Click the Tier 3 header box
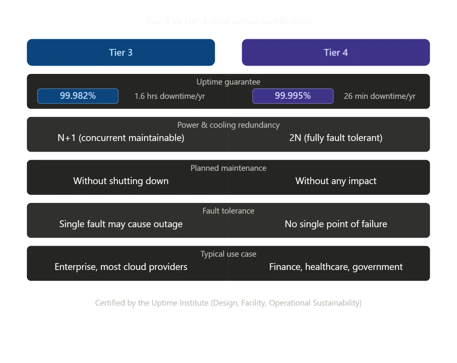[x=121, y=53]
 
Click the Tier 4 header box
[x=336, y=53]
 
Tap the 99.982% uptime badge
[x=78, y=96]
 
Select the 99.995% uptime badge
[x=293, y=96]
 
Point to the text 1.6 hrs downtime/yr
[x=170, y=96]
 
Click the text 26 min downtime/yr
[x=380, y=96]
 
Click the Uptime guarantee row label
[x=228, y=82]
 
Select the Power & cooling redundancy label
[x=228, y=125]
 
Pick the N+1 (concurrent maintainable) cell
[x=121, y=138]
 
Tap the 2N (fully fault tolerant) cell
[x=336, y=138]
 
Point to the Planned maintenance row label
[x=228, y=168]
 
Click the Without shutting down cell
[x=121, y=181]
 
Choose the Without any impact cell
[x=336, y=181]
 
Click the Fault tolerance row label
[x=228, y=211]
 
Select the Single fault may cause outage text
[x=121, y=224]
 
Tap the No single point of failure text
[x=336, y=224]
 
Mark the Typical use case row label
[x=228, y=254]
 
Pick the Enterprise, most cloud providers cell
[x=121, y=267]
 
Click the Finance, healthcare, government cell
[x=336, y=267]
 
